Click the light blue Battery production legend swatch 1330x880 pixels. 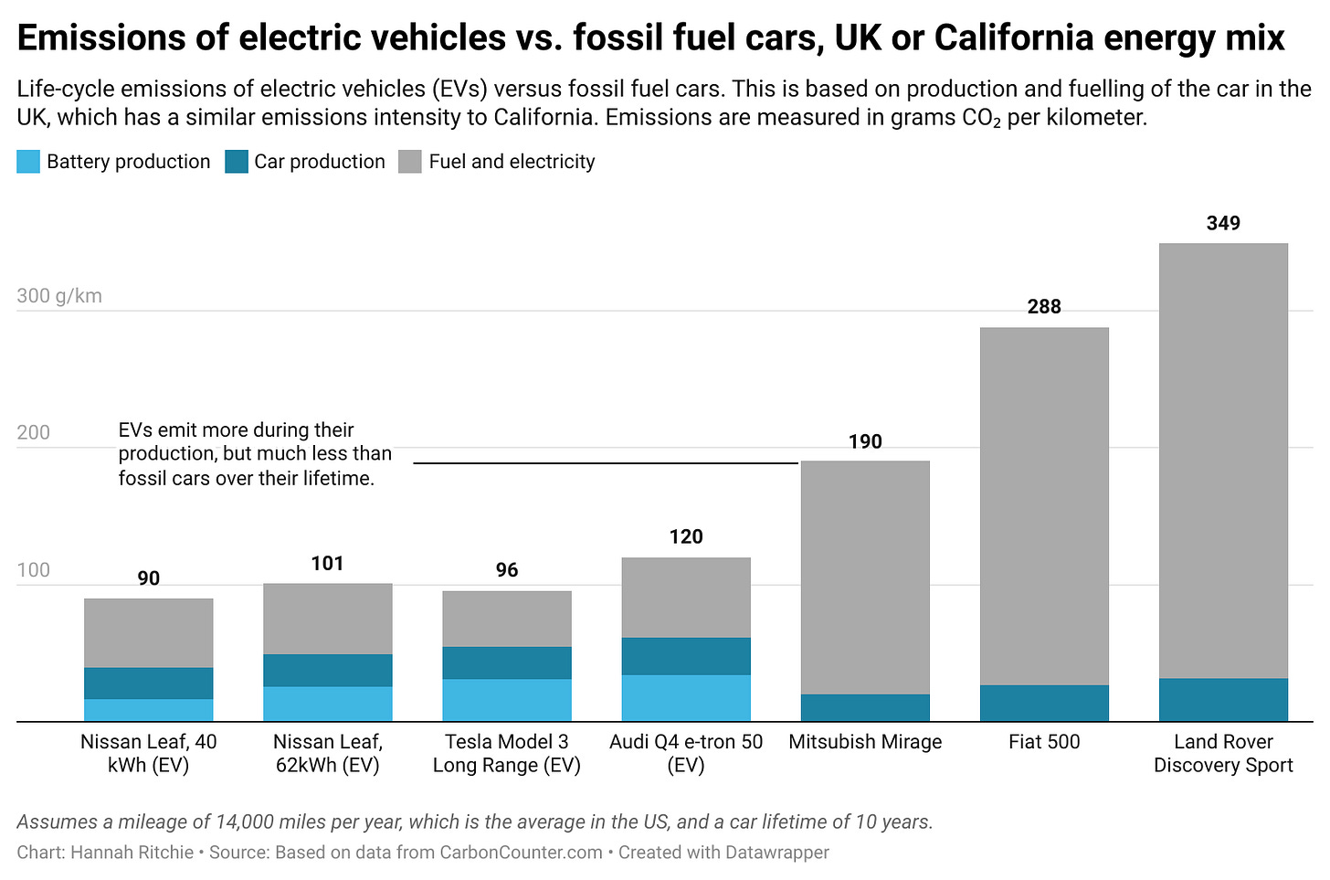[28, 162]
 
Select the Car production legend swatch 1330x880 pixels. [236, 162]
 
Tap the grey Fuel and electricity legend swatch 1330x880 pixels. [410, 162]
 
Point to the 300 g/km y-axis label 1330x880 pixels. [59, 296]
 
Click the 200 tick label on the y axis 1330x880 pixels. [34, 432]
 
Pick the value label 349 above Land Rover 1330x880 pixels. [1222, 224]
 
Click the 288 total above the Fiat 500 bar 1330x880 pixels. [1043, 307]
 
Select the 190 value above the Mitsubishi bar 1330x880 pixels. [864, 442]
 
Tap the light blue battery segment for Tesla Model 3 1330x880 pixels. [506, 700]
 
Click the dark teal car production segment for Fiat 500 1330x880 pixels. [1043, 703]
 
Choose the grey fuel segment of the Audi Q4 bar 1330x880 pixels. [685, 598]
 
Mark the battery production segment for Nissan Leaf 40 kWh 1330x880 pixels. [148, 710]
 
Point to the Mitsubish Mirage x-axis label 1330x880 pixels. [864, 742]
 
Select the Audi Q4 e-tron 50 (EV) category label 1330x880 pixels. [685, 753]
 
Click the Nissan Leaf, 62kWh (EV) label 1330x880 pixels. [327, 753]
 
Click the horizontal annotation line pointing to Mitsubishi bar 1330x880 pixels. [606, 463]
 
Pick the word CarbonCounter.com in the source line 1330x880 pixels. [521, 853]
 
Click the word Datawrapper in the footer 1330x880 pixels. [776, 853]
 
